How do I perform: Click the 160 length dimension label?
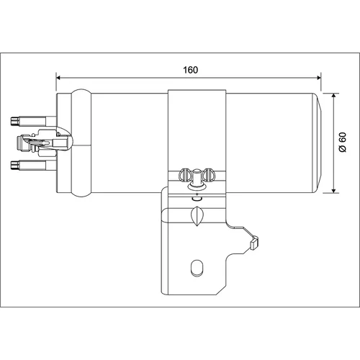(191, 70)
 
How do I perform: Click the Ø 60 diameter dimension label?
(343, 142)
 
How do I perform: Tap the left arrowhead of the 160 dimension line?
(58, 78)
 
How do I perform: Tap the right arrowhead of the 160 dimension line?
(319, 78)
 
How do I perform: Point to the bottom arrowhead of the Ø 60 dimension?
(333, 191)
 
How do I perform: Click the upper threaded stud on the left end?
(28, 121)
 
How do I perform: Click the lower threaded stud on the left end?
(28, 165)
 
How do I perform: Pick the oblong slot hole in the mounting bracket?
(197, 268)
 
